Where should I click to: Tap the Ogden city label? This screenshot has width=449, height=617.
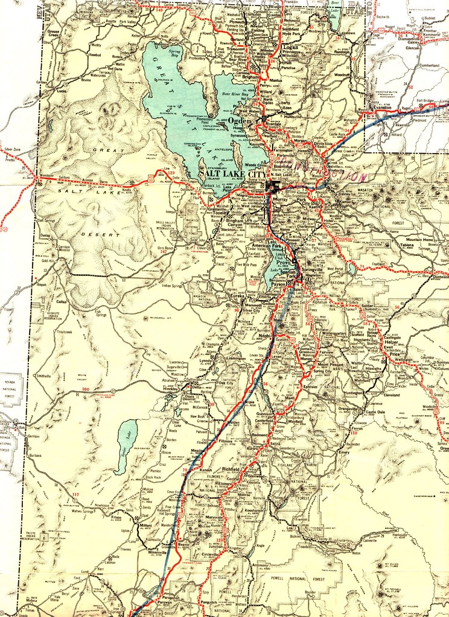tap(240, 121)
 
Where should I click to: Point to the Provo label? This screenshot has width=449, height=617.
tap(283, 264)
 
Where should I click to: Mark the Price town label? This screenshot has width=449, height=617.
tap(395, 354)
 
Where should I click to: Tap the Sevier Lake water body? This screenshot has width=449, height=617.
tap(126, 446)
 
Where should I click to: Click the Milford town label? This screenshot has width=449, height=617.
tap(145, 525)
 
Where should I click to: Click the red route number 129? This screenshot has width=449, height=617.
tap(171, 174)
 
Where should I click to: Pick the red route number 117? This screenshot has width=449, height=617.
tap(75, 495)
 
